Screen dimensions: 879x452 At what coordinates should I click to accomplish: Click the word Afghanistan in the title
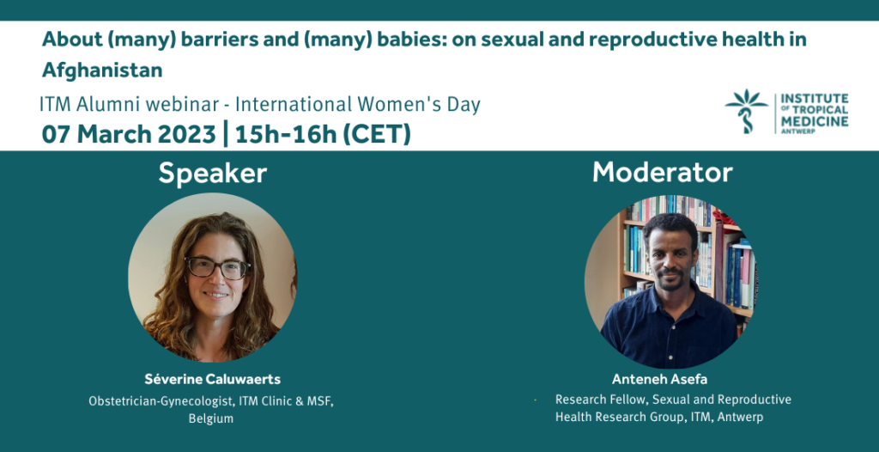tap(103, 70)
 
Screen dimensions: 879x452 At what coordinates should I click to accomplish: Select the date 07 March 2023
tap(129, 135)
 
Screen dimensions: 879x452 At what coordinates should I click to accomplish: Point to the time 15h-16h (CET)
tap(324, 135)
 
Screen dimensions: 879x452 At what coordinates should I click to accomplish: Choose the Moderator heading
tap(663, 173)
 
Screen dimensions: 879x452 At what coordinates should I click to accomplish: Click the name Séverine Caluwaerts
tap(213, 380)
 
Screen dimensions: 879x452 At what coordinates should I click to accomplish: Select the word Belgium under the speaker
tap(211, 418)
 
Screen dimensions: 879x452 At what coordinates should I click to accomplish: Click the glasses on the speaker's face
tap(218, 268)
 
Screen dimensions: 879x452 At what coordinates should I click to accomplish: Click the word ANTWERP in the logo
tap(794, 131)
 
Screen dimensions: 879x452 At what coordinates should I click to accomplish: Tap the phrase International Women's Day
tap(358, 105)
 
